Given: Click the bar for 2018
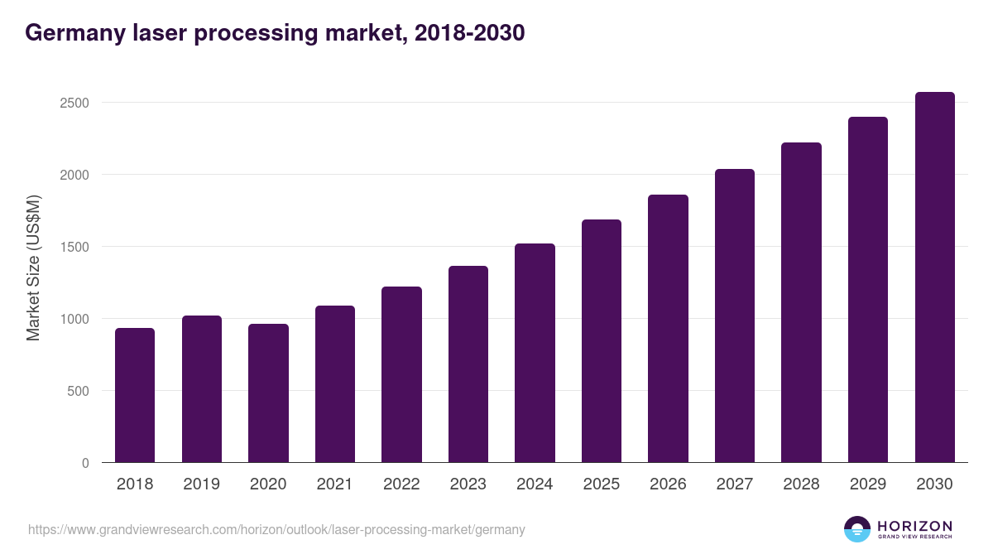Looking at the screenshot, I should point(135,395).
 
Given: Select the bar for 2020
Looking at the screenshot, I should point(268,393).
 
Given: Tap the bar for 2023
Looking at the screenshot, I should point(468,364).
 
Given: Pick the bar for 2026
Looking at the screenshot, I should point(668,329).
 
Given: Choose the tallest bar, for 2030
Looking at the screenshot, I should point(934,277).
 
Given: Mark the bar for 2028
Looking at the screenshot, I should point(801,302).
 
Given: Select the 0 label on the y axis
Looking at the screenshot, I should point(85,463).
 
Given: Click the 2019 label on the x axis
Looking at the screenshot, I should point(201,484).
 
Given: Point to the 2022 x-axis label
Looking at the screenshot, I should point(401,484).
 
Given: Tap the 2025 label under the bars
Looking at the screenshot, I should point(601,484).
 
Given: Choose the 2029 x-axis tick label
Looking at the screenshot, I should point(867,484).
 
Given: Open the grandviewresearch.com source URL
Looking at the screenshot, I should point(276,529).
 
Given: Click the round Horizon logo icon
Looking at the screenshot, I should point(856,529).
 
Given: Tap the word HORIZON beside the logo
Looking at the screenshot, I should point(914,526).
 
